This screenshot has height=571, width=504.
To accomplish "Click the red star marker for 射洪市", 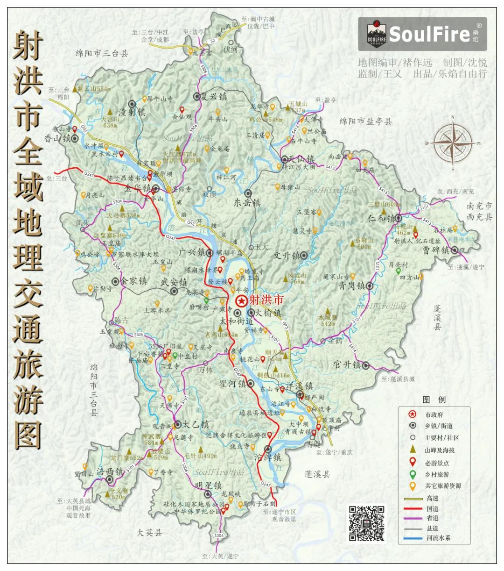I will (241, 301).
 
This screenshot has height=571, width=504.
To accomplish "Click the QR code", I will (367, 523).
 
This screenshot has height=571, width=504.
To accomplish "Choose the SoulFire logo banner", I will (422, 34).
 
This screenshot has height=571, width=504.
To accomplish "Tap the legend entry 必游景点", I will (436, 463).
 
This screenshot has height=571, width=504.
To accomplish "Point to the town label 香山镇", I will (57, 138).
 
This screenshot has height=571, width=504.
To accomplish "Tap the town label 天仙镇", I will (301, 159).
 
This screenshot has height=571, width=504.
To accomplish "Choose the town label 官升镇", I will (348, 365).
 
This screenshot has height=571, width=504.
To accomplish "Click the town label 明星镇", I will (209, 485).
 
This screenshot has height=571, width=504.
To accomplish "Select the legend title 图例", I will (434, 400).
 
